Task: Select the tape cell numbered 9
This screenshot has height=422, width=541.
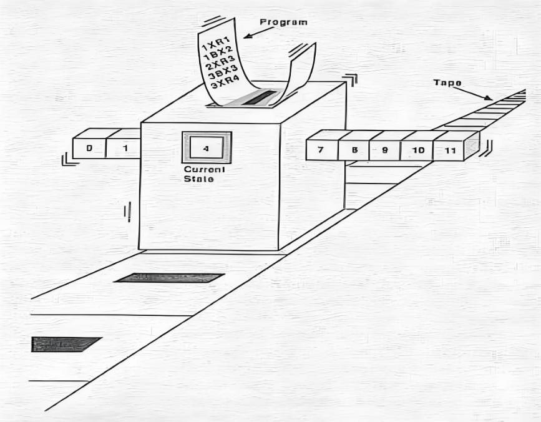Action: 385,150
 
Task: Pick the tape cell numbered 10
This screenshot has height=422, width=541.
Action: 417,150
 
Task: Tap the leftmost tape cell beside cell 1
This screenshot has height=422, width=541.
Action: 89,149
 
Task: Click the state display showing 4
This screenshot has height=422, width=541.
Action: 207,148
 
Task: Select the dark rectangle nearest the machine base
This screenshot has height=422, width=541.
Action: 169,278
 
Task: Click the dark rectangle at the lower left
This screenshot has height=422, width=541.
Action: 65,344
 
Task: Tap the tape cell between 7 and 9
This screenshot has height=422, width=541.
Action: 354,150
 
